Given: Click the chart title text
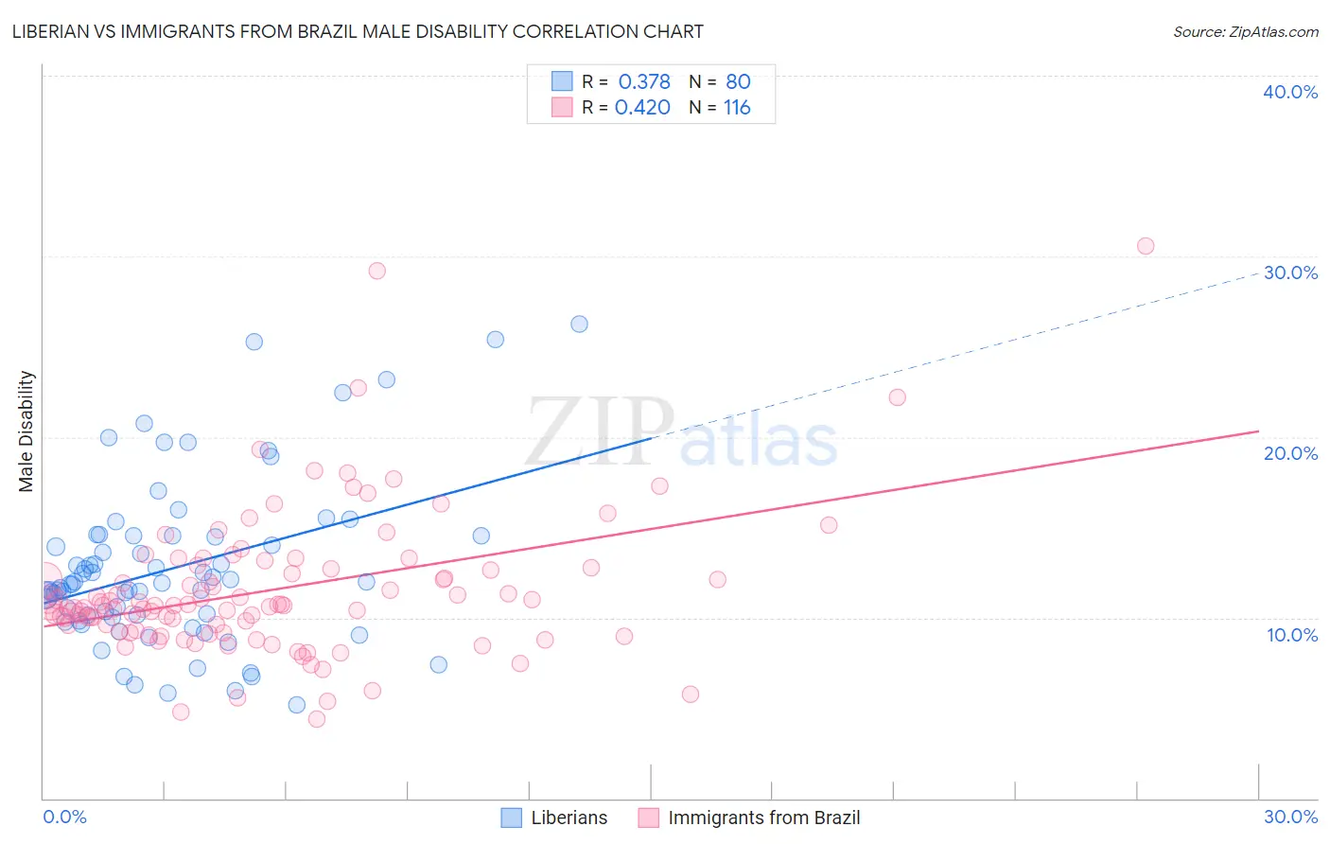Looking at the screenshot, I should (x=358, y=31).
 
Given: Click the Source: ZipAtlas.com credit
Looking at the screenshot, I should (x=1245, y=31).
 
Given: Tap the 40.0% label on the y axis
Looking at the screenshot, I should (x=1290, y=92).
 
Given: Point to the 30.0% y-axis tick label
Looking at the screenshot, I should (x=1290, y=273).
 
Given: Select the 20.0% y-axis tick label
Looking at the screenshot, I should (x=1290, y=453).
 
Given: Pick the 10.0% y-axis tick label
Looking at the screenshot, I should (x=1292, y=635).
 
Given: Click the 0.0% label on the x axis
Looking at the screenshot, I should (x=64, y=817).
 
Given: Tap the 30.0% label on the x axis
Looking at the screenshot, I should (x=1290, y=817).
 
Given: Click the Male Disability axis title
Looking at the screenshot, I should (x=26, y=431).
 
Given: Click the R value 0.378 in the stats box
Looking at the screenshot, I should (x=644, y=81).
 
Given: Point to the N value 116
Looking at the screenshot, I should (x=737, y=108).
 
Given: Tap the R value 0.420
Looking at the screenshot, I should (x=642, y=108).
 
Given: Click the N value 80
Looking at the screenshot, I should (x=738, y=81).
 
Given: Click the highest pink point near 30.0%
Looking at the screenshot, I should (x=1146, y=246).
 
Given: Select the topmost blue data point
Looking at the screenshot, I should (x=579, y=324).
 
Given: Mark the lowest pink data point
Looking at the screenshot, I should (x=317, y=719).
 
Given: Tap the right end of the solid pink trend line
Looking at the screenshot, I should (x=1258, y=431).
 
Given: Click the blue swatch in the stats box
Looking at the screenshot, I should (x=562, y=81).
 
